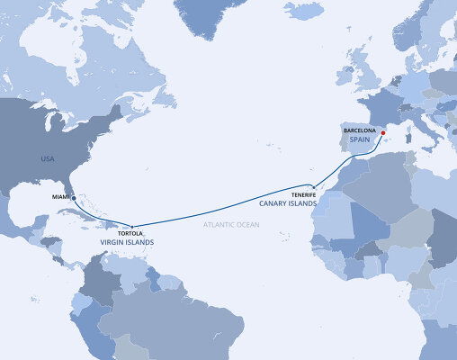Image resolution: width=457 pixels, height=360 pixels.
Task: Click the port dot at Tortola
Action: (132, 226)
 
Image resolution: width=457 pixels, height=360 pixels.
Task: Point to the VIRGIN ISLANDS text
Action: (127, 243)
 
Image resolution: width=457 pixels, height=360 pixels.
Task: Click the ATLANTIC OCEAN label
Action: (230, 223)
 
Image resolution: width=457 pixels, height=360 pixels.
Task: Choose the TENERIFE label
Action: (303, 194)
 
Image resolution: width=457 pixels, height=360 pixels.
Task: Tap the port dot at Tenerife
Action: (312, 188)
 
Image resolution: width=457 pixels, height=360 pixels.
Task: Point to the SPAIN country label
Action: (362, 139)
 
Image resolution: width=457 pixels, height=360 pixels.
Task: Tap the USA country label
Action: (48, 158)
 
